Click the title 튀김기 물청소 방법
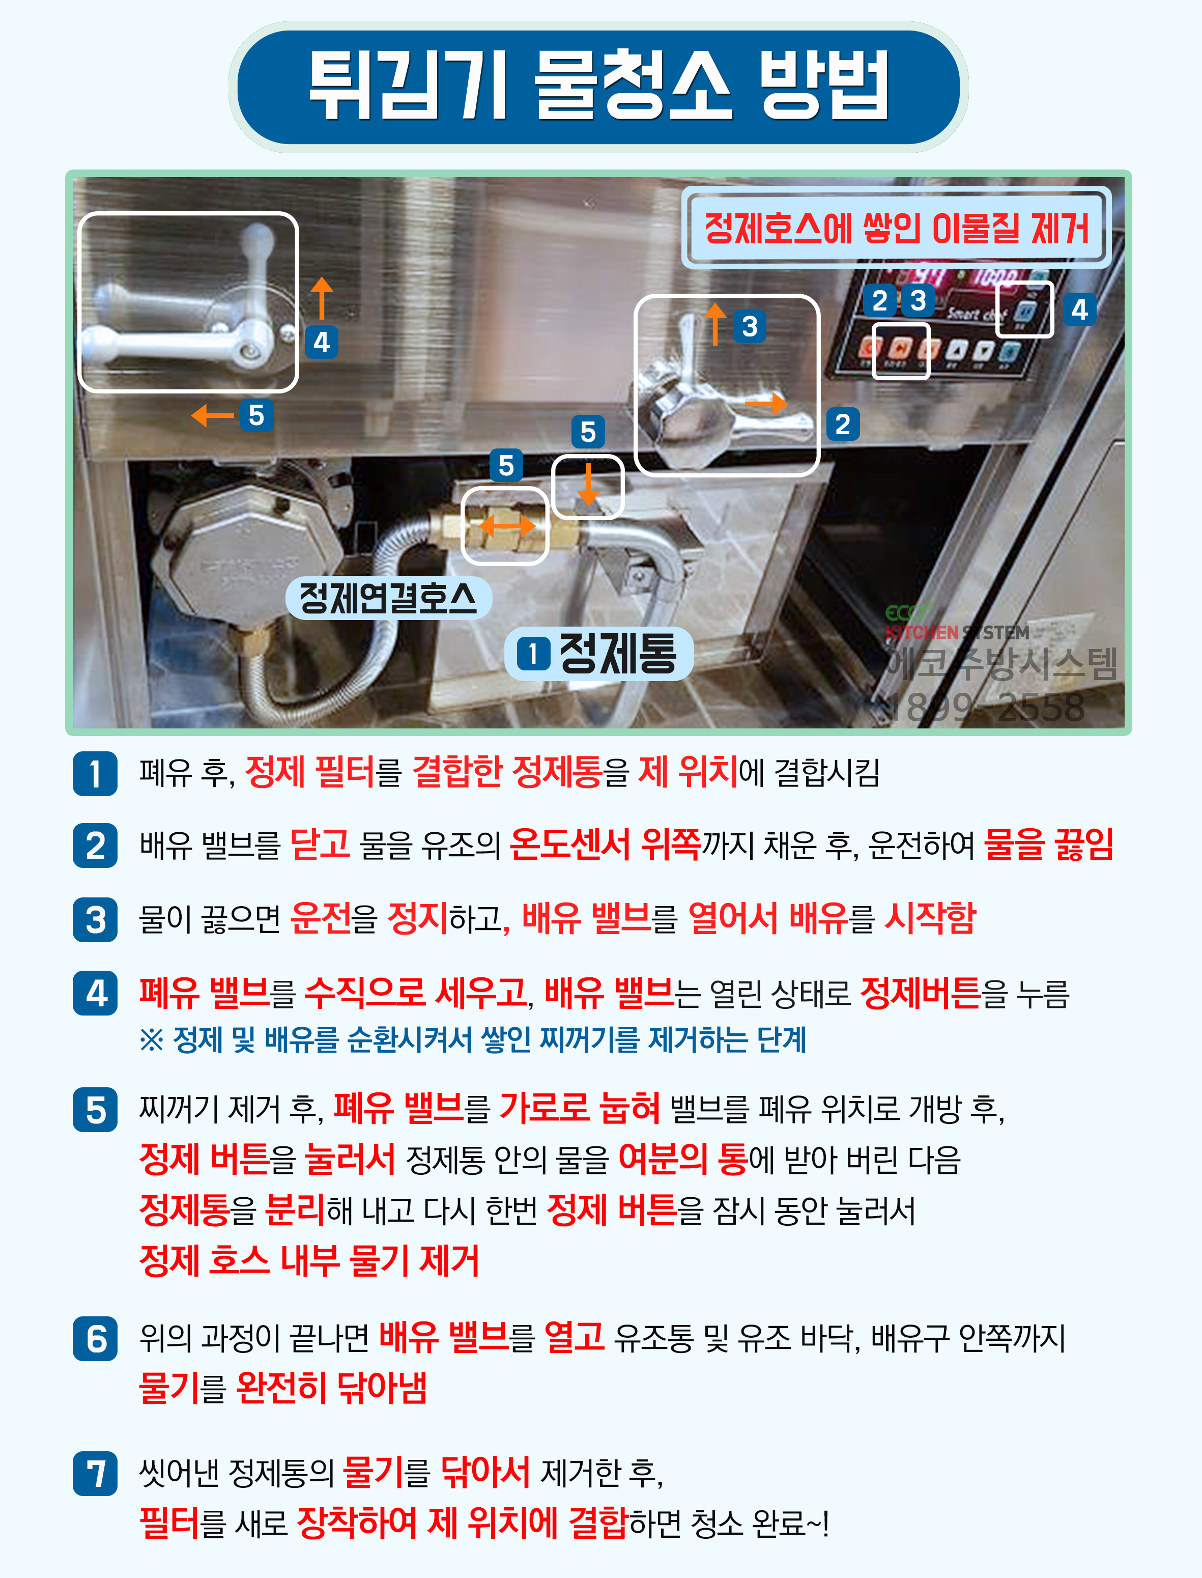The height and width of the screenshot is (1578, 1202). coord(599,86)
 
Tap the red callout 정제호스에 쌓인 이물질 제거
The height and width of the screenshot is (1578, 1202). coord(896,228)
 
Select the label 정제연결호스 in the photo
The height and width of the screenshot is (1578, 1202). coord(388,598)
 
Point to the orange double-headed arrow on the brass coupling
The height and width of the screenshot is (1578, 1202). coord(506,526)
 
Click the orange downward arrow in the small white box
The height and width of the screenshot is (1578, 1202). coord(588,484)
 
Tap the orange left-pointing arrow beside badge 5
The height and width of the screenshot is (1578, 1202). coord(213,415)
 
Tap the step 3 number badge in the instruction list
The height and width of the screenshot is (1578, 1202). coord(95,920)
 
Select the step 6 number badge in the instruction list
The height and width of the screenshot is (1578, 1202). coord(95,1338)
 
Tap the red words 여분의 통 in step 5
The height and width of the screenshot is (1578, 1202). coord(682,1158)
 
